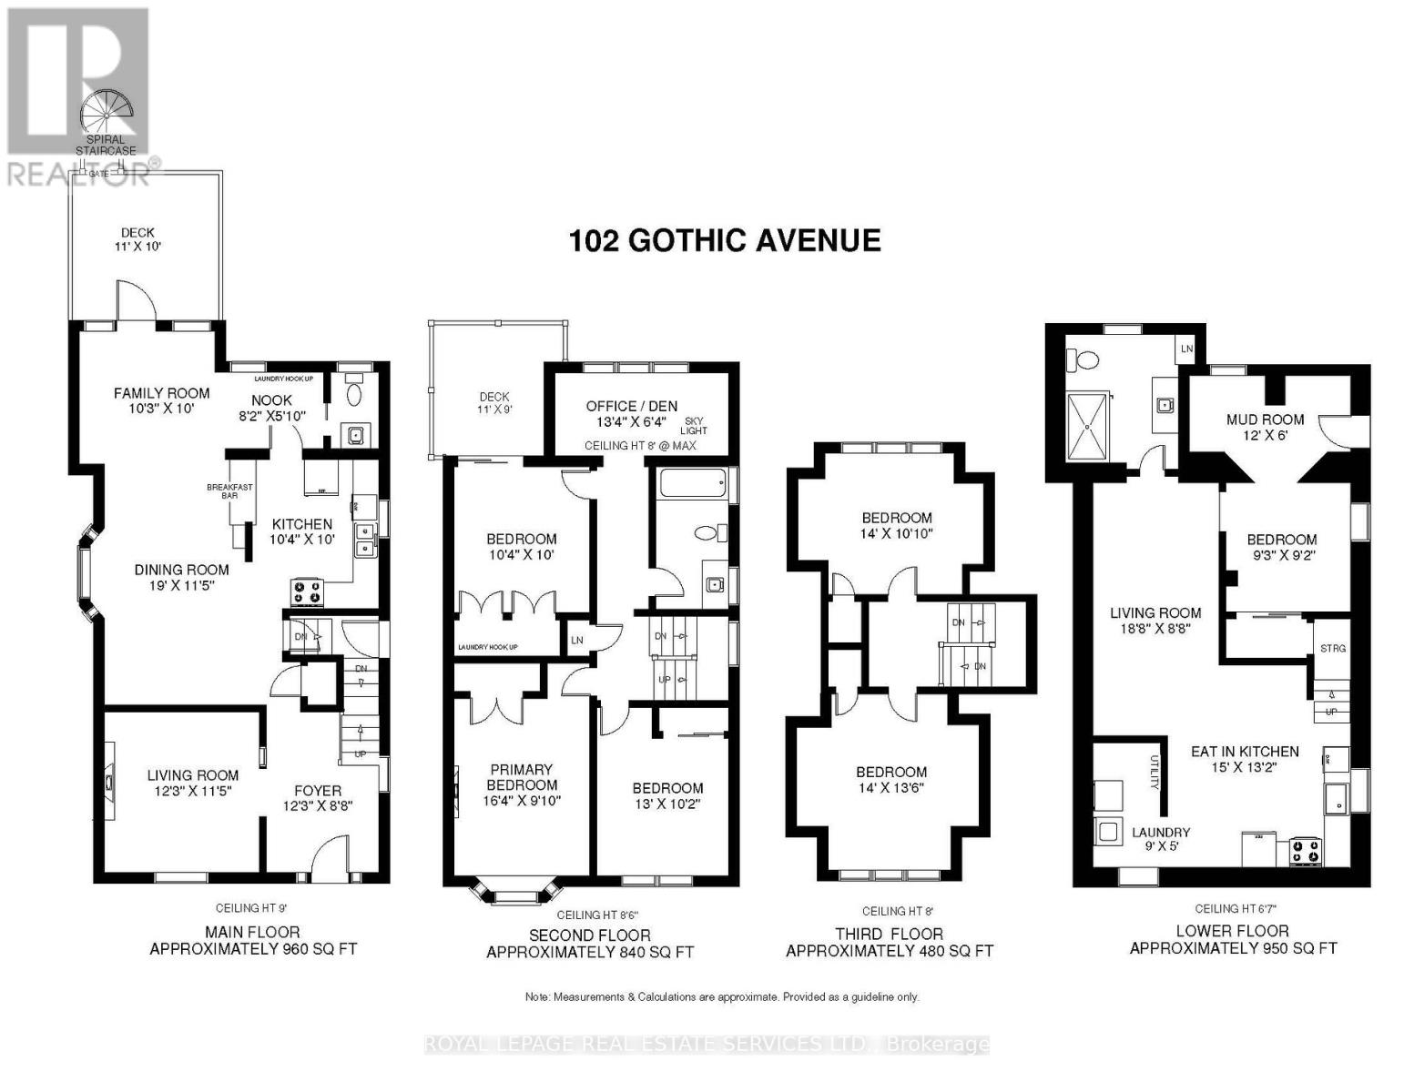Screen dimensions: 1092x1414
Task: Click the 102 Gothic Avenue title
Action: [x=725, y=240]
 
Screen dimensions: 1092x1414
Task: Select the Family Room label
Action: [x=161, y=393]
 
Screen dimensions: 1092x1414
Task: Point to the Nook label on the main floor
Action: [x=271, y=400]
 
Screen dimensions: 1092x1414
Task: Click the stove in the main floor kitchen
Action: [x=307, y=592]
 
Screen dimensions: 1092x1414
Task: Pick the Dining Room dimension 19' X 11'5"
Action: [x=182, y=585]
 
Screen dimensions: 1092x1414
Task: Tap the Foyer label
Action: [x=318, y=791]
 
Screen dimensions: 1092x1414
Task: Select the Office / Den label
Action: [x=631, y=406]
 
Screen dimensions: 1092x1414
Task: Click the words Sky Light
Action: [x=693, y=424]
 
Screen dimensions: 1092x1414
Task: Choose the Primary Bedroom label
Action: [x=522, y=777]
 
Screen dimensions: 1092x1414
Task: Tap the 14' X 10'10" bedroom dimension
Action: [x=897, y=534]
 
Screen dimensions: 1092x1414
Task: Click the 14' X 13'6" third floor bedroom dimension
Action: [x=890, y=788]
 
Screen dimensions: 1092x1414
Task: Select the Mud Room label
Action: [x=1265, y=420]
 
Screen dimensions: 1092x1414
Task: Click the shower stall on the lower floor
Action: [x=1089, y=426]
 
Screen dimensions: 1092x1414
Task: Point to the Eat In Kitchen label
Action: [x=1245, y=752]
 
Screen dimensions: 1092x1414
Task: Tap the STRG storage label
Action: [x=1332, y=648]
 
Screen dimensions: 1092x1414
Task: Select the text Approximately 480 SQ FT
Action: [x=889, y=951]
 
